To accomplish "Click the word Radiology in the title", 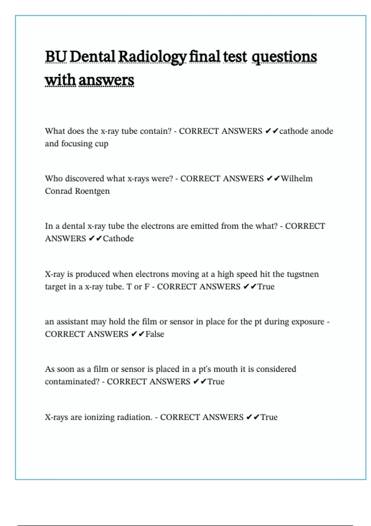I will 152,57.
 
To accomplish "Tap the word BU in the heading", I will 56,57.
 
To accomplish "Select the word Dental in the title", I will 92,57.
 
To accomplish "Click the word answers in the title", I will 106,80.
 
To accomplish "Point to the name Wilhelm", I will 296,179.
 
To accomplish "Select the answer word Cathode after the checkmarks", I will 118,239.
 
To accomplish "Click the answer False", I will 155,334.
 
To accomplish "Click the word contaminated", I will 71,382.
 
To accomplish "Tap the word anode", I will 322,131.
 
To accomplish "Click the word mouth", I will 225,369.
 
